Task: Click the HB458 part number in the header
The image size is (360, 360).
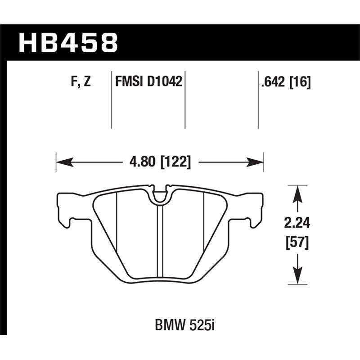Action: tap(67, 43)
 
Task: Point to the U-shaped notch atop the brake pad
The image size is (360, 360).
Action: tap(160, 195)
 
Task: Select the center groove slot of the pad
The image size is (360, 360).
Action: tap(160, 243)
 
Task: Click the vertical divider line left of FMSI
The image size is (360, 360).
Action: tap(111, 99)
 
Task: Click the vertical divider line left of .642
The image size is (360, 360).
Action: tap(258, 99)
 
